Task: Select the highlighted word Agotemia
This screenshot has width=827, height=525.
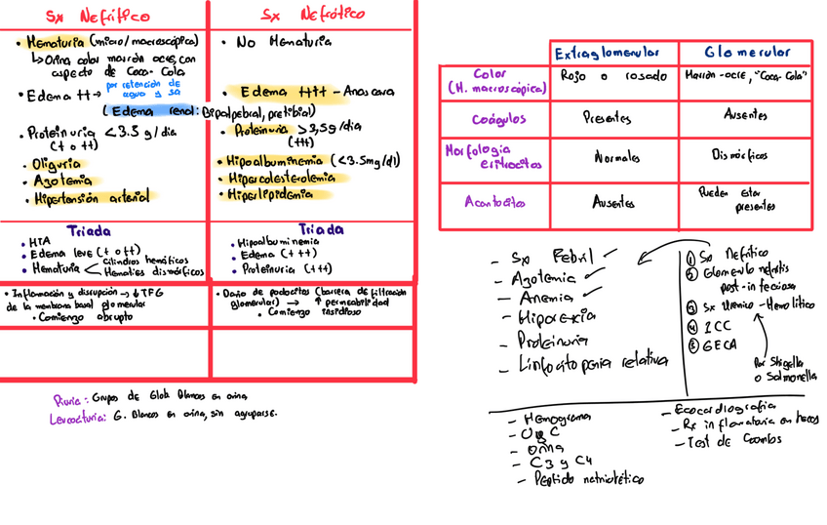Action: [x=61, y=181]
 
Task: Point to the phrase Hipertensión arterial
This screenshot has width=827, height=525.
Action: [x=92, y=197]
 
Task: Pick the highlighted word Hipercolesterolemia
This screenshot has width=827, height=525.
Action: [x=282, y=179]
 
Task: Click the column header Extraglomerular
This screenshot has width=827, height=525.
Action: [x=607, y=53]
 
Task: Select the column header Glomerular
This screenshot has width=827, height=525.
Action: [x=748, y=53]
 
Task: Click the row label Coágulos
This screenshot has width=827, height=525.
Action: [x=499, y=118]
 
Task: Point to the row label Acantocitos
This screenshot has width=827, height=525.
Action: [x=495, y=203]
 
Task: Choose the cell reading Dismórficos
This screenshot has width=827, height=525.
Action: [x=739, y=155]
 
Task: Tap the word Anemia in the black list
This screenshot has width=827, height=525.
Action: [x=547, y=297]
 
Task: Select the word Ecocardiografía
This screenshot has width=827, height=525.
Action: [x=724, y=408]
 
